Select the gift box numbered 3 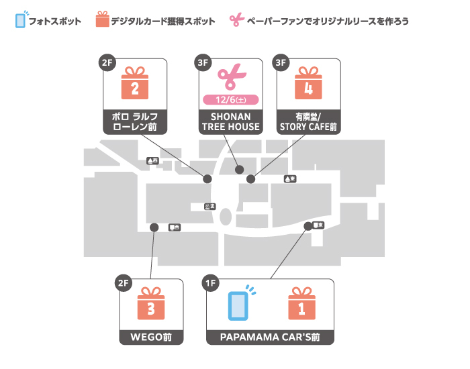pos(151,305)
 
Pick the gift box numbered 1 pos(301,305)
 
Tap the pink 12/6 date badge pos(231,100)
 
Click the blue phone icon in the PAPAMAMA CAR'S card pos(238,305)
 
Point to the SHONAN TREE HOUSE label pos(231,121)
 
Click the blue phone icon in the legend pos(21,20)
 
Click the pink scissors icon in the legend pos(235,20)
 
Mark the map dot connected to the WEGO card pos(154,227)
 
